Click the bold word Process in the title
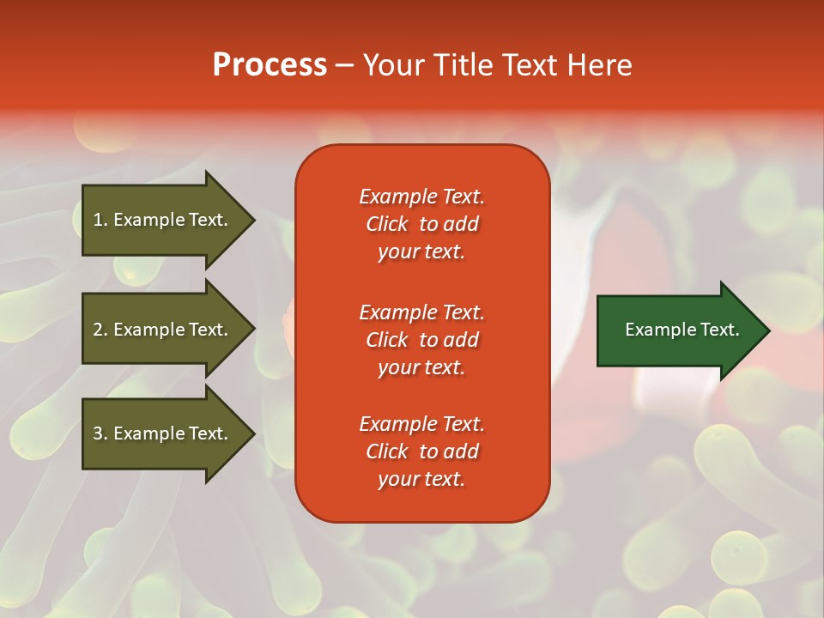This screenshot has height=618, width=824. click(x=270, y=65)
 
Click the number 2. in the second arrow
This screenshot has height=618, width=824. click(x=100, y=330)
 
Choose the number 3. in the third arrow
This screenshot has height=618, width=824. click(x=100, y=433)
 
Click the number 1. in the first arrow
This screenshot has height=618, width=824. click(x=100, y=220)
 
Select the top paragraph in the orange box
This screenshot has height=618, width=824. click(x=421, y=224)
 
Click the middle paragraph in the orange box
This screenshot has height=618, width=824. click(x=421, y=340)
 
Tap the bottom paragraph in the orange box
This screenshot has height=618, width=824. click(x=421, y=451)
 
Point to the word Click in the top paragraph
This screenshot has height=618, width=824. click(x=386, y=224)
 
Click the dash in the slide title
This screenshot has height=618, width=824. click(x=344, y=65)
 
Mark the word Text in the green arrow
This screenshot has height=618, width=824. click(x=720, y=330)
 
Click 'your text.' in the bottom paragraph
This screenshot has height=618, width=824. click(x=421, y=479)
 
